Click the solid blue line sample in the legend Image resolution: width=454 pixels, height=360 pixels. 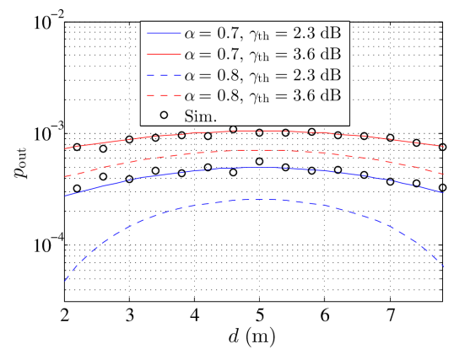(x=165, y=34)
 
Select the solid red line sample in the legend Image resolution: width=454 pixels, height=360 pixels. (x=165, y=54)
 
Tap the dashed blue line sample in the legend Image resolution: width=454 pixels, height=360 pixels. (x=165, y=74)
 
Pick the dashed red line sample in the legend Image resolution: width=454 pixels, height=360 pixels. (x=165, y=94)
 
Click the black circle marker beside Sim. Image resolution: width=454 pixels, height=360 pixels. (x=165, y=115)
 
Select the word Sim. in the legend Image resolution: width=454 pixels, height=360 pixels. (x=202, y=116)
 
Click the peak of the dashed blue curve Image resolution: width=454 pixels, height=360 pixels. (x=253, y=199)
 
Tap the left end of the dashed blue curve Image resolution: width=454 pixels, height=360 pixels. (x=65, y=280)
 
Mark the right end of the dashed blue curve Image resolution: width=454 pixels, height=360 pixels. (x=444, y=266)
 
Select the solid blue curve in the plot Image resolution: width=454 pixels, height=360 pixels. (x=253, y=168)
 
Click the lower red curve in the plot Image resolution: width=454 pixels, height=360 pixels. (x=253, y=150)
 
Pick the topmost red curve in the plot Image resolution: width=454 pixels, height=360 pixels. (x=253, y=131)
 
